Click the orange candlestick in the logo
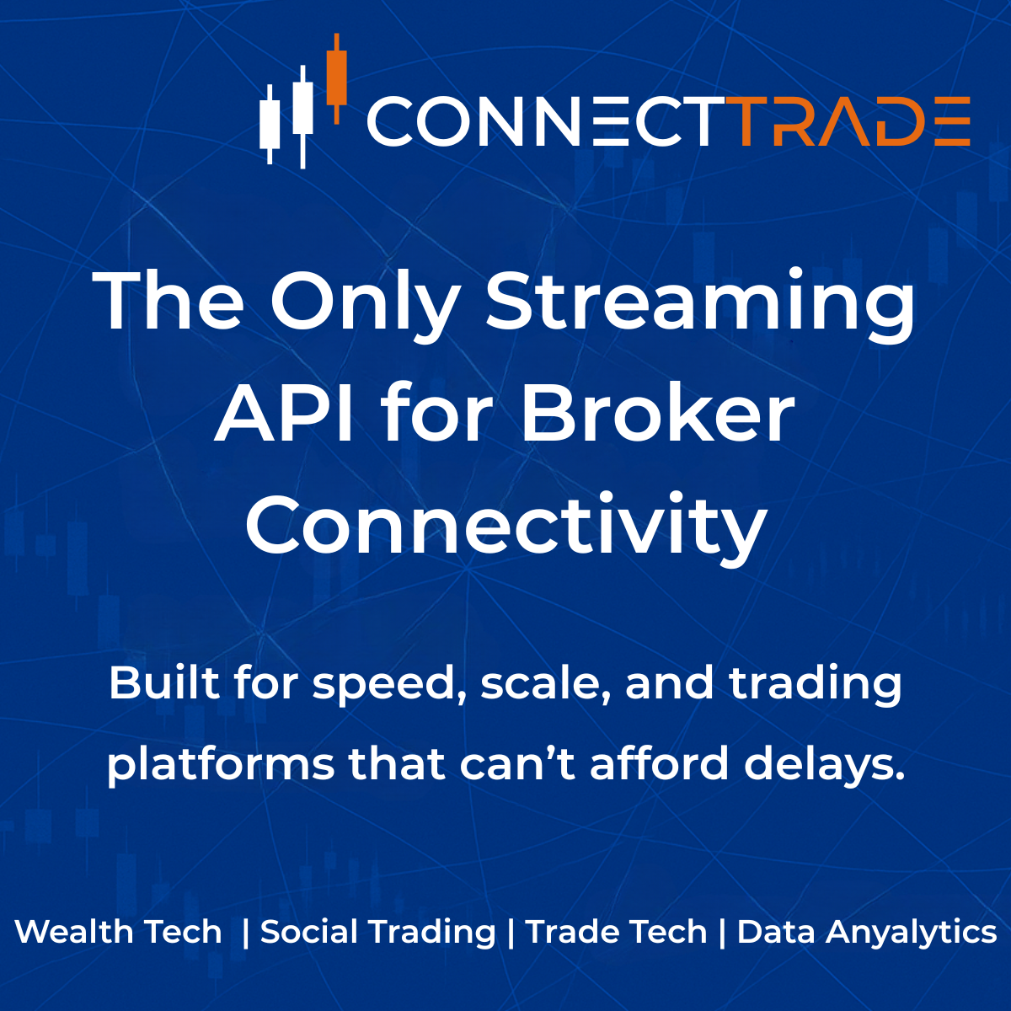[x=337, y=78]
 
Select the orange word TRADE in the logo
[x=851, y=122]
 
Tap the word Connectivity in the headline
[x=505, y=527]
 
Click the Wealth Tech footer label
[x=119, y=932]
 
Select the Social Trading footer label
[x=378, y=932]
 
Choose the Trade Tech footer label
[x=616, y=932]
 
